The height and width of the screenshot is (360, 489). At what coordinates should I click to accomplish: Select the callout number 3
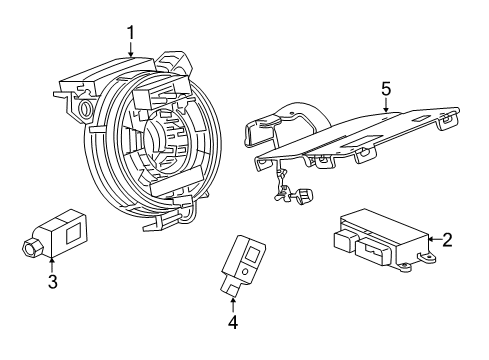click(52, 282)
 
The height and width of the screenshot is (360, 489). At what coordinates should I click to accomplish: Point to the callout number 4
click(232, 322)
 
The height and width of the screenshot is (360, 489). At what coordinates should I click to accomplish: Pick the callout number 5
click(385, 89)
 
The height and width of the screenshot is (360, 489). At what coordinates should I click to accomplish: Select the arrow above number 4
click(232, 304)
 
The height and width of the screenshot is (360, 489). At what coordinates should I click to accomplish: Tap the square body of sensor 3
click(69, 232)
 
